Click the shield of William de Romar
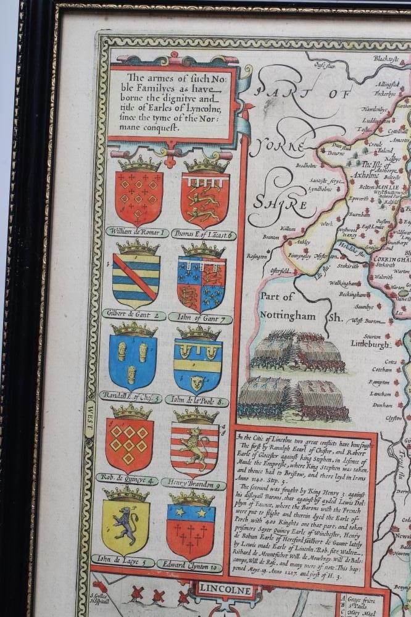pyautogui.click(x=139, y=197)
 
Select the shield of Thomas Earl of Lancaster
pyautogui.click(x=205, y=199)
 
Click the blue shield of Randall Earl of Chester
pyautogui.click(x=133, y=362)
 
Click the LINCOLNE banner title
pyautogui.click(x=225, y=590)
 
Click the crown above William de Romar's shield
pyautogui.click(x=139, y=163)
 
